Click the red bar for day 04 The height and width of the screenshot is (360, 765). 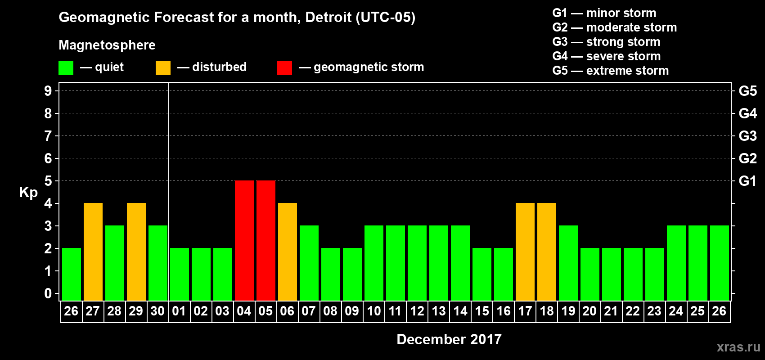coord(244,240)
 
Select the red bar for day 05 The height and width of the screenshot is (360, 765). coord(266,240)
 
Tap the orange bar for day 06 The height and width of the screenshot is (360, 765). coord(288,252)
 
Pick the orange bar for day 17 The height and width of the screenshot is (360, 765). coord(525,252)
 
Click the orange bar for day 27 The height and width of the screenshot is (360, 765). coord(93,252)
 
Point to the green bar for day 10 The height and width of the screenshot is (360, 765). coord(374,263)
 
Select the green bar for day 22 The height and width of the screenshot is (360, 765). coord(633,274)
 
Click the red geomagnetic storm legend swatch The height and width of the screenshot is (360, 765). coord(284,68)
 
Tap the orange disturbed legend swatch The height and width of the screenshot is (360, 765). coord(163,68)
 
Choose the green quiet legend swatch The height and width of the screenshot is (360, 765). coord(66,68)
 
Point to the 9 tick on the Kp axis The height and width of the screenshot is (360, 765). coord(48,91)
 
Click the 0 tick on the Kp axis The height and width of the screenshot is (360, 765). coord(48,293)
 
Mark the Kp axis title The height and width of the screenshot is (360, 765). coord(28,192)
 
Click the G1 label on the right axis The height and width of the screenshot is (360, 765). coord(747,181)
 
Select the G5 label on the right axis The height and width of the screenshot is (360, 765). coord(747,91)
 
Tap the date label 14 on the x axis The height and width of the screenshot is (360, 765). coord(460,311)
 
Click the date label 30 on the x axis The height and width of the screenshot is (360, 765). coord(157,311)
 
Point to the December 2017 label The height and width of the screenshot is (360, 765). coord(449,339)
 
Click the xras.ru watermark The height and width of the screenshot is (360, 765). coord(738,347)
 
